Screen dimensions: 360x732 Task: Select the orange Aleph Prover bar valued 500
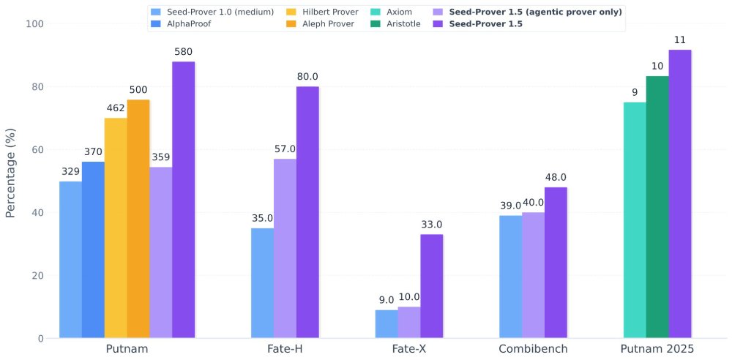[138, 219]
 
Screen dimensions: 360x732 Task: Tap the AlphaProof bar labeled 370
[93, 250]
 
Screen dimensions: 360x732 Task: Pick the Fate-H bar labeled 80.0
[307, 212]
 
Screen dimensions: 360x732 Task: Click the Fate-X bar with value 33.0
[431, 286]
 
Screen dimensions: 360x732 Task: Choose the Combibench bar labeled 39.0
[511, 277]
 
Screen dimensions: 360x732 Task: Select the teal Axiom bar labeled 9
[635, 220]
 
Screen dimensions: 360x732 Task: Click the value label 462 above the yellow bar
[116, 108]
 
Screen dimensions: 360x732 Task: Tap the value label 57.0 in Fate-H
[285, 149]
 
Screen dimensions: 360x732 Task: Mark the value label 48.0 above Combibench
[556, 177]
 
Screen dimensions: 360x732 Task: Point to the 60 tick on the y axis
[36, 150]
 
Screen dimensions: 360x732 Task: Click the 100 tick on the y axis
[33, 24]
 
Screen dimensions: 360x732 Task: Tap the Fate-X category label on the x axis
[408, 349]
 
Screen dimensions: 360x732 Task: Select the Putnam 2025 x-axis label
[657, 349]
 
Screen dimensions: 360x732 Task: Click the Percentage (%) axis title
[10, 181]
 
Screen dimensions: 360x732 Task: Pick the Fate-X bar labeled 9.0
[386, 324]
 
